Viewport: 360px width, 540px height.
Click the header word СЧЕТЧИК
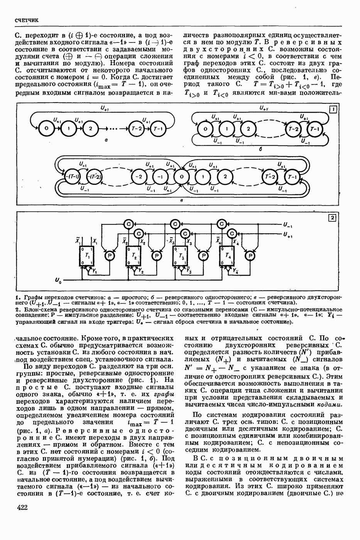point(27,20)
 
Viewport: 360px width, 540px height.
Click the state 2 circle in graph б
point(248,129)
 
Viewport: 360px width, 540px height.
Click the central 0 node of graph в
point(180,177)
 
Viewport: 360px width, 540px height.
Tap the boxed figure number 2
point(332,218)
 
